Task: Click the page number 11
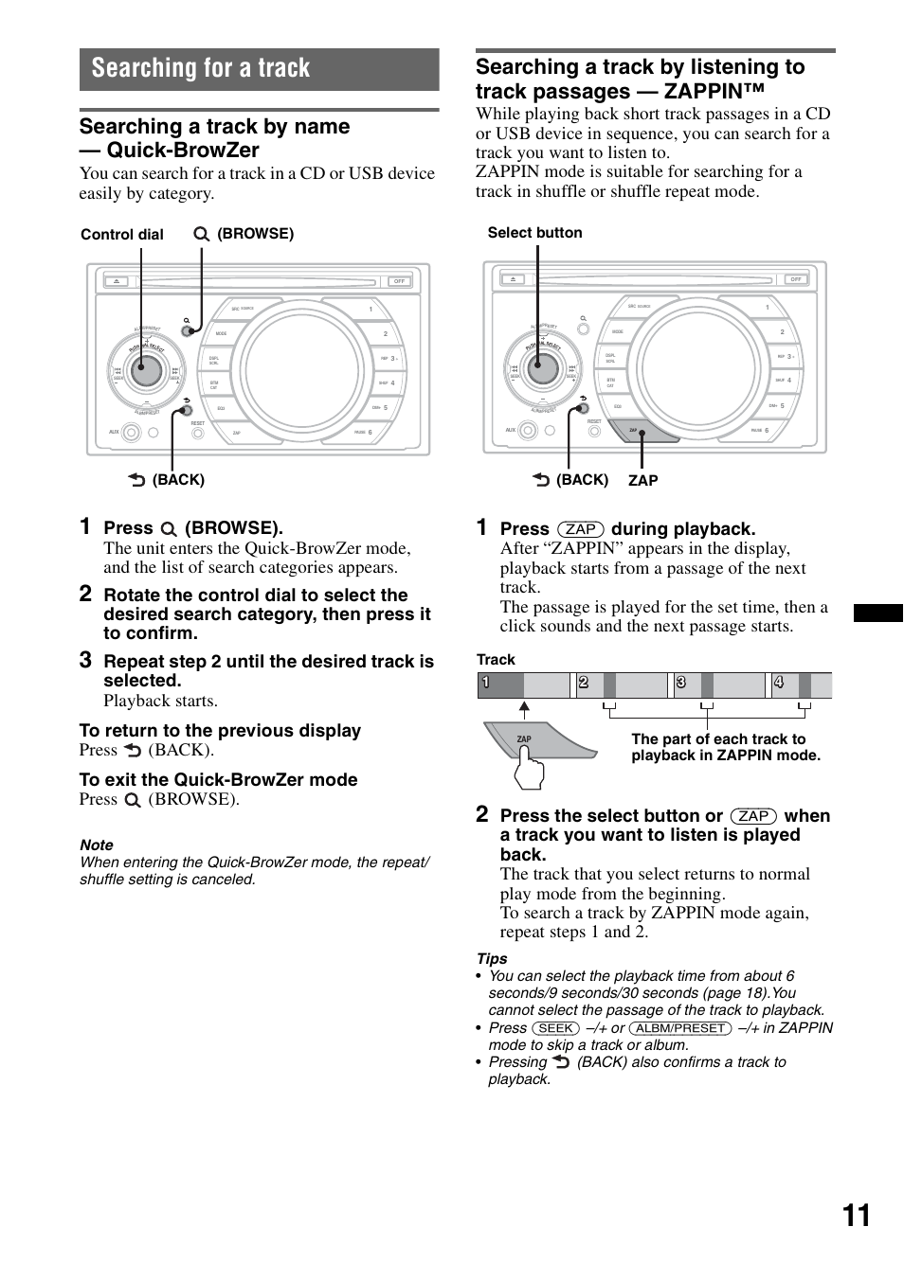click(856, 1216)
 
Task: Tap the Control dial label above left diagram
click(122, 235)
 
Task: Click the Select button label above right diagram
click(534, 233)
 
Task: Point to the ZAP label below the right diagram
click(642, 481)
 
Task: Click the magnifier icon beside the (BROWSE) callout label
click(201, 234)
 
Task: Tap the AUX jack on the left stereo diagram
click(131, 433)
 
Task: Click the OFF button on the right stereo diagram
click(795, 279)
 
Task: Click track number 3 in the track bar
click(680, 684)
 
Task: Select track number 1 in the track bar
click(485, 684)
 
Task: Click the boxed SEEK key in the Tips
click(555, 1028)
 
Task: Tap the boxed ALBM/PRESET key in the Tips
click(679, 1028)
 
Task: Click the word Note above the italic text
click(97, 845)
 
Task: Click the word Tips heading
click(492, 959)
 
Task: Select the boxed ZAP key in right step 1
click(580, 529)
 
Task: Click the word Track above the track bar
click(496, 660)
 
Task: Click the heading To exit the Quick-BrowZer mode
click(218, 780)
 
